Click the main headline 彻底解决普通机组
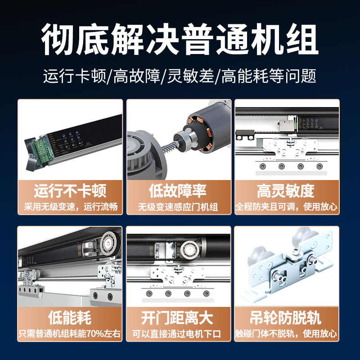click(180, 39)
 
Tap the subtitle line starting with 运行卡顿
click(180, 76)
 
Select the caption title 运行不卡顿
click(70, 191)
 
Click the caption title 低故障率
click(178, 191)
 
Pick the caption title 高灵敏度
click(286, 191)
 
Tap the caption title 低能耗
click(70, 318)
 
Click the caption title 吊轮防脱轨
click(285, 318)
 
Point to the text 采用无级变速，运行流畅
click(71, 207)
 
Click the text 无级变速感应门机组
click(178, 207)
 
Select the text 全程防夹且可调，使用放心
click(287, 207)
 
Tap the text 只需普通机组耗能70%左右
click(70, 333)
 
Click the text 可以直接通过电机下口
click(177, 334)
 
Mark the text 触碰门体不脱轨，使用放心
click(286, 333)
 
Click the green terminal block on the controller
click(44, 150)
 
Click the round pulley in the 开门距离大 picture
click(189, 250)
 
